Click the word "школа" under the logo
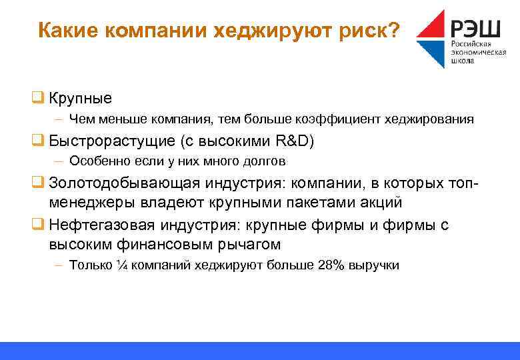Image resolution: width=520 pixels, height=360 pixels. pyautogui.click(x=463, y=61)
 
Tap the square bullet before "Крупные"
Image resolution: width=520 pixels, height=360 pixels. pyautogui.click(x=39, y=98)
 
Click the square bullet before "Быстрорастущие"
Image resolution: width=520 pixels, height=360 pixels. pyautogui.click(x=39, y=141)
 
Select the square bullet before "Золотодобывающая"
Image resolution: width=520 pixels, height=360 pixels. pyautogui.click(x=39, y=183)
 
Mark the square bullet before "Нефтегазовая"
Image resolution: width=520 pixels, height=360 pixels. pyautogui.click(x=39, y=225)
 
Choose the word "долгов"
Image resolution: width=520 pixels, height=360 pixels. pyautogui.click(x=265, y=161)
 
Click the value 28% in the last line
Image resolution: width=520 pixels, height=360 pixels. pyautogui.click(x=331, y=265)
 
